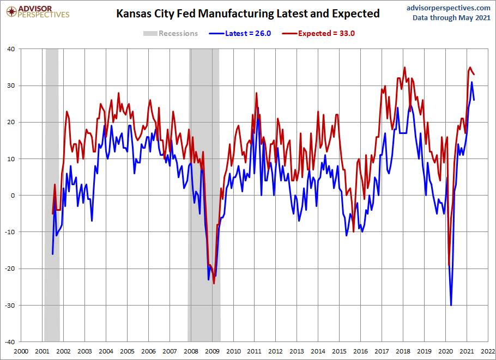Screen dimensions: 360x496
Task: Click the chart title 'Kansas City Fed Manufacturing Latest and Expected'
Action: [x=248, y=14]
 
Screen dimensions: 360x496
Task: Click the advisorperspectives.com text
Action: [x=449, y=8]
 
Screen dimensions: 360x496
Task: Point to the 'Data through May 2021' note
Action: [x=451, y=17]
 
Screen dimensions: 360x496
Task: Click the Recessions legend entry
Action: [x=171, y=33]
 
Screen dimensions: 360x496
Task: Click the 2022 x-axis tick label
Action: [x=488, y=351]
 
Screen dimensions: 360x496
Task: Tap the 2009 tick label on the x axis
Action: [x=212, y=351]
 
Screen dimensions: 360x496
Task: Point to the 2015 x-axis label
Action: [x=340, y=351]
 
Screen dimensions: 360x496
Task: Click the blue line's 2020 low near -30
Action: [x=451, y=305]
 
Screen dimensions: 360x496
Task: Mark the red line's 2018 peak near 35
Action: [x=404, y=68]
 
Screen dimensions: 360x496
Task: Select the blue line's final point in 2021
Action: [x=474, y=100]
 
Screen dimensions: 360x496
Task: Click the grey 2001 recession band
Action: [x=52, y=191]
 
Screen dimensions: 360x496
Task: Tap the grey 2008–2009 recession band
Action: [x=204, y=191]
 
